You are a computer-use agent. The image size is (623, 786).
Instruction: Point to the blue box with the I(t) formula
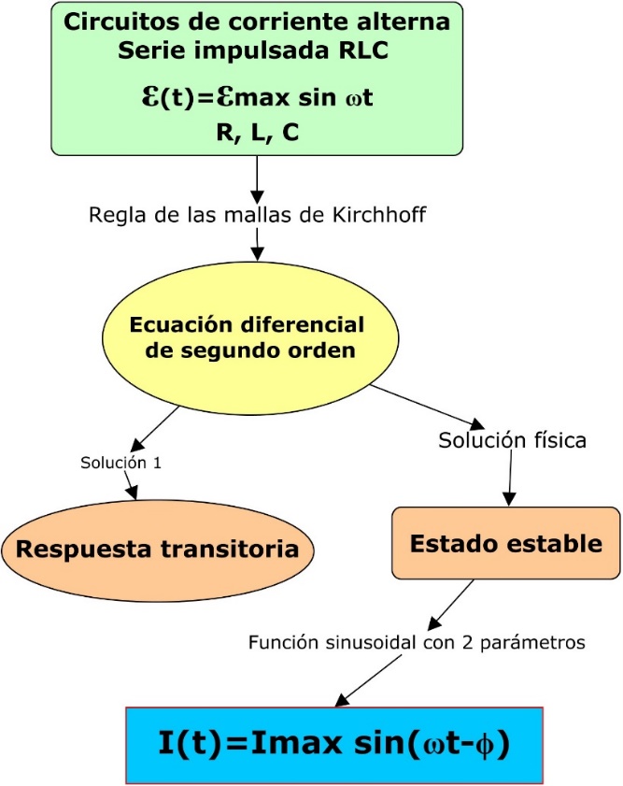pyautogui.click(x=333, y=744)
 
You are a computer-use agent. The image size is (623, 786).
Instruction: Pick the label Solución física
pyautogui.click(x=512, y=439)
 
